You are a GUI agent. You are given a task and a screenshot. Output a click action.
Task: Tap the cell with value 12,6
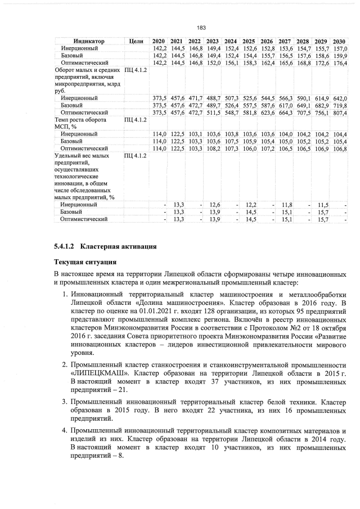[x=213, y=205]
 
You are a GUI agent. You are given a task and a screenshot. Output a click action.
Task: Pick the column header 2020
[x=158, y=42]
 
